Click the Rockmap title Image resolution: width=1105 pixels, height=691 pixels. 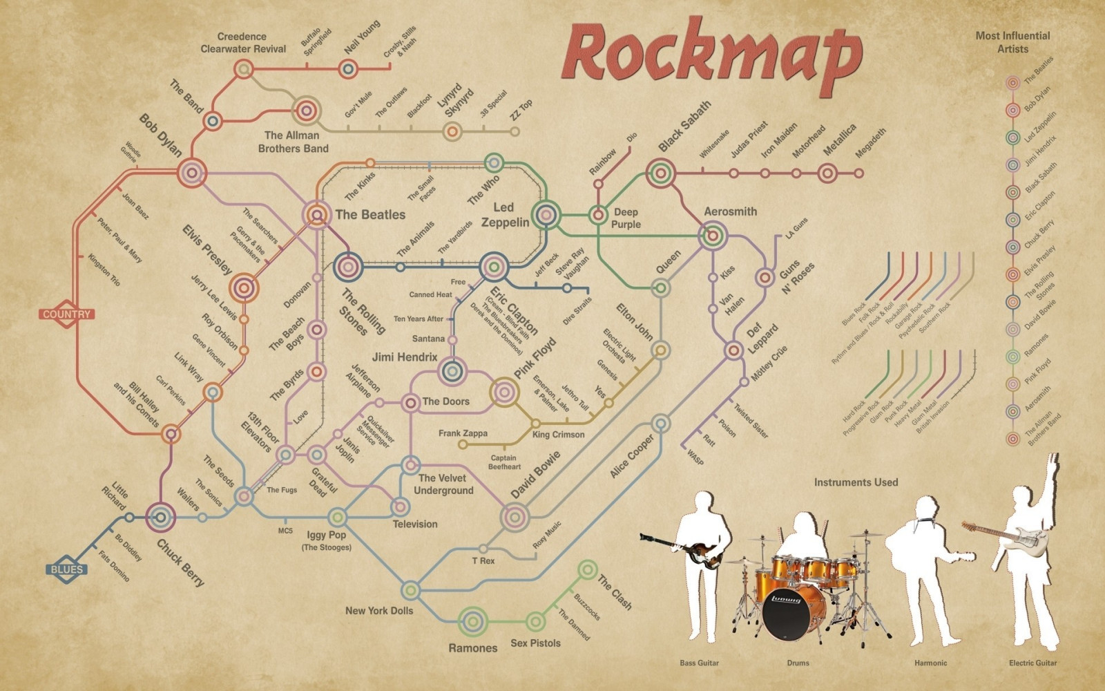point(711,55)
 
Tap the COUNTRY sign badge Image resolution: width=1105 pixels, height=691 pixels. point(67,314)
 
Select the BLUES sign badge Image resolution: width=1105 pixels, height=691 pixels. point(67,570)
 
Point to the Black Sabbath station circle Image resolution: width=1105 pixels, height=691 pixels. point(661,173)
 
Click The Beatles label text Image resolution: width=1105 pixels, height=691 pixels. point(370,215)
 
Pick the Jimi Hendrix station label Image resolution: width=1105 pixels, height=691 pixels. point(405,357)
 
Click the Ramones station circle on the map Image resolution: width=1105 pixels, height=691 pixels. point(474,621)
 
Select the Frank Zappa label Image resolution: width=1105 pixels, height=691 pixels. point(463,433)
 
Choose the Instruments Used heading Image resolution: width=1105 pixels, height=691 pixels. point(856,482)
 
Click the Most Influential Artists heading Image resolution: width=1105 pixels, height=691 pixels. point(1012,42)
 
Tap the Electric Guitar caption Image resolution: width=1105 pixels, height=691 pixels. point(1032,663)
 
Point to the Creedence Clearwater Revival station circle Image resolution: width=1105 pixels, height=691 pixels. point(243,69)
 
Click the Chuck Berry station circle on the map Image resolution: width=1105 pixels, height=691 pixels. point(161,517)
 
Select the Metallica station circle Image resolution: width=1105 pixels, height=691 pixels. point(828,173)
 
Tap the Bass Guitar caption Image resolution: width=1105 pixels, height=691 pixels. point(699,663)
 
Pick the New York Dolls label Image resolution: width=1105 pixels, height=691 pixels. point(379,610)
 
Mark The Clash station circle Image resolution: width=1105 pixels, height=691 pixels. point(588,570)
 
